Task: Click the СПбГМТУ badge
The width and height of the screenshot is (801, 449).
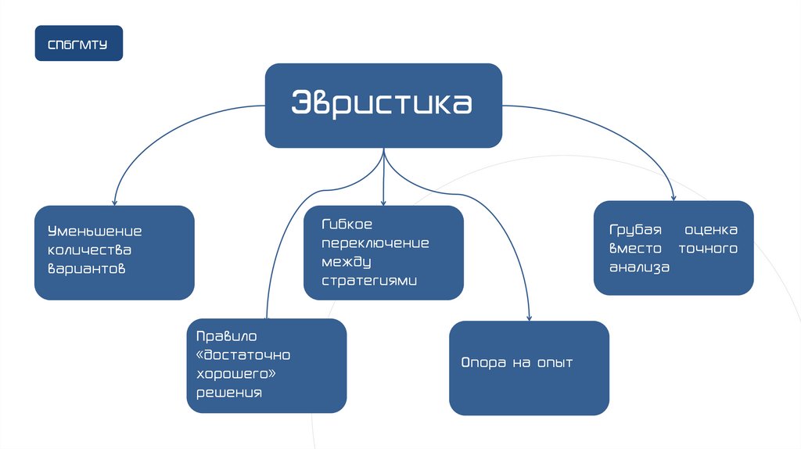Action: coord(78,43)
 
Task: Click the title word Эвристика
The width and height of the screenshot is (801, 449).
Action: coord(383,105)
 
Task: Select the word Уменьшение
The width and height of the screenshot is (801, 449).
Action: coord(95,232)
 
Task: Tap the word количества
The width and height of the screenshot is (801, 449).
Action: coord(89,250)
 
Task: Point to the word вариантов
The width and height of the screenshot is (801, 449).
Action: coord(87,268)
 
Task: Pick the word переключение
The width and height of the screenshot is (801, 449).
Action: coord(375,242)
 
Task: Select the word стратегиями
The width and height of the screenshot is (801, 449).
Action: coord(370,280)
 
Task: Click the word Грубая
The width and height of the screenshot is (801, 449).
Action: coord(636,231)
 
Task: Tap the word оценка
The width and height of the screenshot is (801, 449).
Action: coord(711,231)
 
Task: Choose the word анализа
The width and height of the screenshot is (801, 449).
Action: coord(640,267)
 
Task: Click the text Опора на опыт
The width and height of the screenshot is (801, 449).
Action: coord(516,363)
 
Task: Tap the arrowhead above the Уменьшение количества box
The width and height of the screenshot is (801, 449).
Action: coord(114,202)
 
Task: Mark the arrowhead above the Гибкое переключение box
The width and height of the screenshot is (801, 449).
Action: coord(383,203)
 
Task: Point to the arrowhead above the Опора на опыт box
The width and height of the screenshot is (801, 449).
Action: coord(529,317)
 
